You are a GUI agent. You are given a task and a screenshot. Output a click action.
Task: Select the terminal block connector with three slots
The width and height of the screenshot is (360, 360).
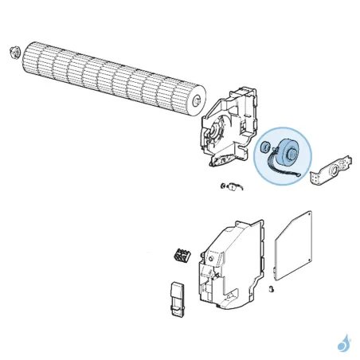point(181,257)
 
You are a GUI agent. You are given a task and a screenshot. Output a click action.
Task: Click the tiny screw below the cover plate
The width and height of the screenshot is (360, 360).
point(272,288)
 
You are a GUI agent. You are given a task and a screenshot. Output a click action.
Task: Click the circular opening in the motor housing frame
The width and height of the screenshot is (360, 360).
point(216,133)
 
